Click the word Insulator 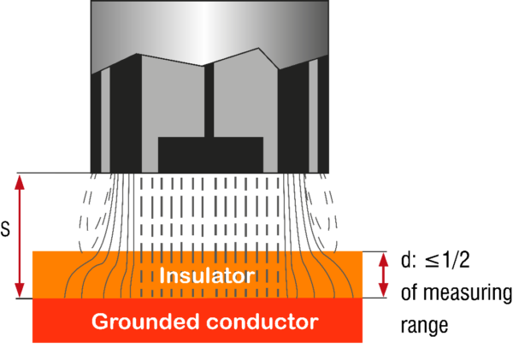(207, 276)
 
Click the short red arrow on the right (383, 274)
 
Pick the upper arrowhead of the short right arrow (383, 257)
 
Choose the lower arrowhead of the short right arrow (383, 292)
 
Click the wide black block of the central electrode (210, 155)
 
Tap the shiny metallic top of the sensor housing (209, 30)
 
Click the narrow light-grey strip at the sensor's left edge (105, 120)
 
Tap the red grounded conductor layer (51, 322)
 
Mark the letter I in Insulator (162, 276)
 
